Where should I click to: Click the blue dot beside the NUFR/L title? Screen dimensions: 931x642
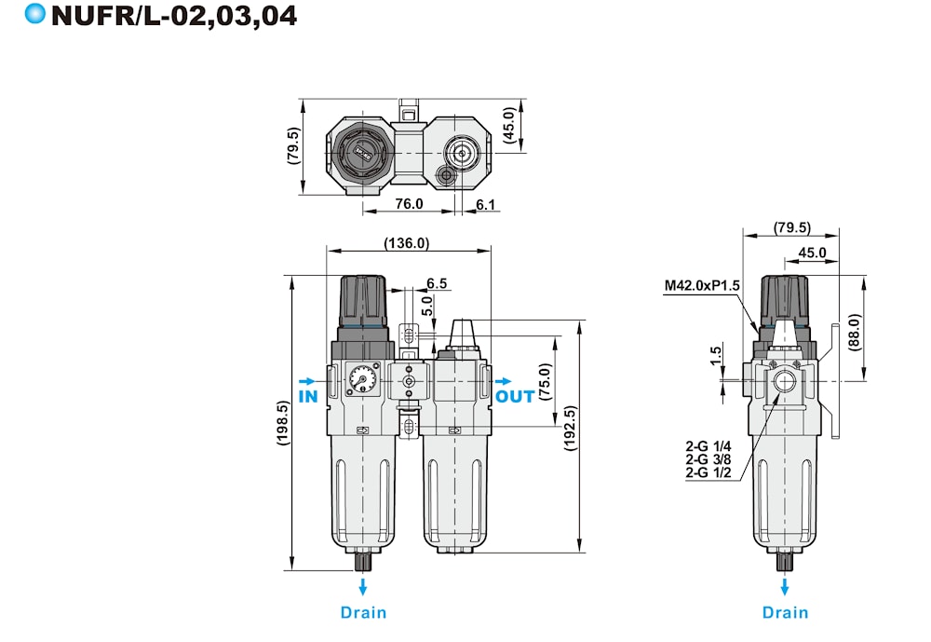[x=35, y=14]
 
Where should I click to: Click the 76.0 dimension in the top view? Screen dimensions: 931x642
[x=409, y=204]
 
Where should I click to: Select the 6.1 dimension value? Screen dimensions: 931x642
[x=485, y=204]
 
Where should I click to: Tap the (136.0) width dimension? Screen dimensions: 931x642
[x=406, y=243]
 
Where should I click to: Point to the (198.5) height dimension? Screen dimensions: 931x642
[x=283, y=423]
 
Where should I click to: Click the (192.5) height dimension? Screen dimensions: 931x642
[x=570, y=428]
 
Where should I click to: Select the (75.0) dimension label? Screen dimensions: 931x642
[x=545, y=382]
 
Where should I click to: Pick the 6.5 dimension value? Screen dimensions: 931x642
[x=437, y=283]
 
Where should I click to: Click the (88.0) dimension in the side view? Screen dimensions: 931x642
[x=854, y=333]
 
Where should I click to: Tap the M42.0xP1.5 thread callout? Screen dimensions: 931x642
[x=702, y=285]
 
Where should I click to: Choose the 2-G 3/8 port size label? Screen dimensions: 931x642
[x=708, y=459]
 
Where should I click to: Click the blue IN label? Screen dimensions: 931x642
[x=308, y=397]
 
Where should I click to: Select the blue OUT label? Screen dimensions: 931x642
[x=515, y=397]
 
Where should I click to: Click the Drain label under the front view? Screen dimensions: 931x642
[x=363, y=612]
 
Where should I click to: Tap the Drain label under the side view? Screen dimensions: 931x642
[x=785, y=612]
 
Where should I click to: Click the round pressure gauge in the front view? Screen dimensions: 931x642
[x=362, y=377]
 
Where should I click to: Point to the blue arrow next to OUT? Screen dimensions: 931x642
[x=504, y=381]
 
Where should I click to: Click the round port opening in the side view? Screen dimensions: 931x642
[x=785, y=380]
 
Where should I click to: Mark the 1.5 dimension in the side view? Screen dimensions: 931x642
[x=715, y=356]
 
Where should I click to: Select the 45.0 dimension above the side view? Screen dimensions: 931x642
[x=812, y=253]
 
